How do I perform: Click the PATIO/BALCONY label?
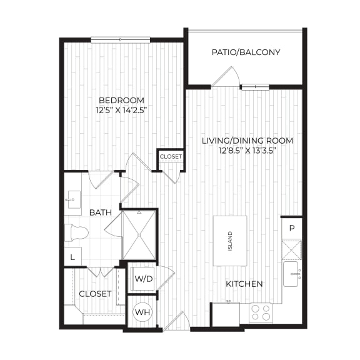[246, 52]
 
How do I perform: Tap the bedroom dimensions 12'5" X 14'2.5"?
[122, 111]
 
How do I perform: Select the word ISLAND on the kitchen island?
[230, 241]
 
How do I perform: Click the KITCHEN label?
[244, 284]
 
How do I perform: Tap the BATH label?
[101, 212]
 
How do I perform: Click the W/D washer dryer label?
[144, 279]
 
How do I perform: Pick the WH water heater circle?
[142, 312]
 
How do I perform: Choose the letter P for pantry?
[292, 228]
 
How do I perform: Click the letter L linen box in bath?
[72, 257]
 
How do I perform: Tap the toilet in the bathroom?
[76, 233]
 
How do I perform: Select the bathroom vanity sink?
[73, 199]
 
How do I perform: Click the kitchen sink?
[292, 274]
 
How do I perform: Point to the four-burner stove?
[261, 312]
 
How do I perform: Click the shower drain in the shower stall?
[139, 235]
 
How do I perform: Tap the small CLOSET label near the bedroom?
[171, 157]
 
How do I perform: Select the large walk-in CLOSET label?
[95, 294]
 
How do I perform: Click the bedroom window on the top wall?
[121, 40]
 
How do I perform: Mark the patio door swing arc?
[236, 75]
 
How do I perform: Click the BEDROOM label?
[122, 101]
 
